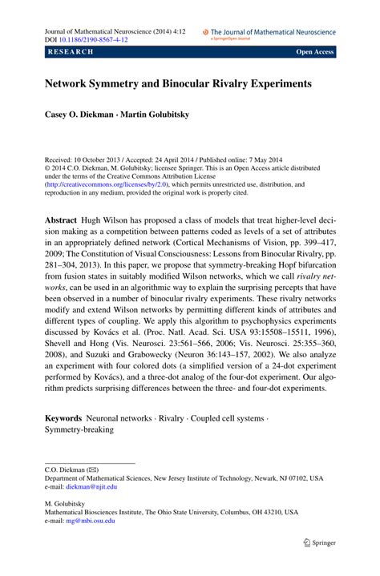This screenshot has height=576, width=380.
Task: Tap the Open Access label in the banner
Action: coord(314,52)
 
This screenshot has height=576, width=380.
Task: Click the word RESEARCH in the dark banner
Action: coord(71,52)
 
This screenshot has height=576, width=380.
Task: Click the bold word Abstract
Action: coord(61,220)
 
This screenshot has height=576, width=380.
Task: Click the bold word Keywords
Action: coord(63,417)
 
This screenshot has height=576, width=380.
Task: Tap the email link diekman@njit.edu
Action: coord(91,486)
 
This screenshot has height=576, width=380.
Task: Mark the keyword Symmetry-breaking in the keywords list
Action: coord(79,429)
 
